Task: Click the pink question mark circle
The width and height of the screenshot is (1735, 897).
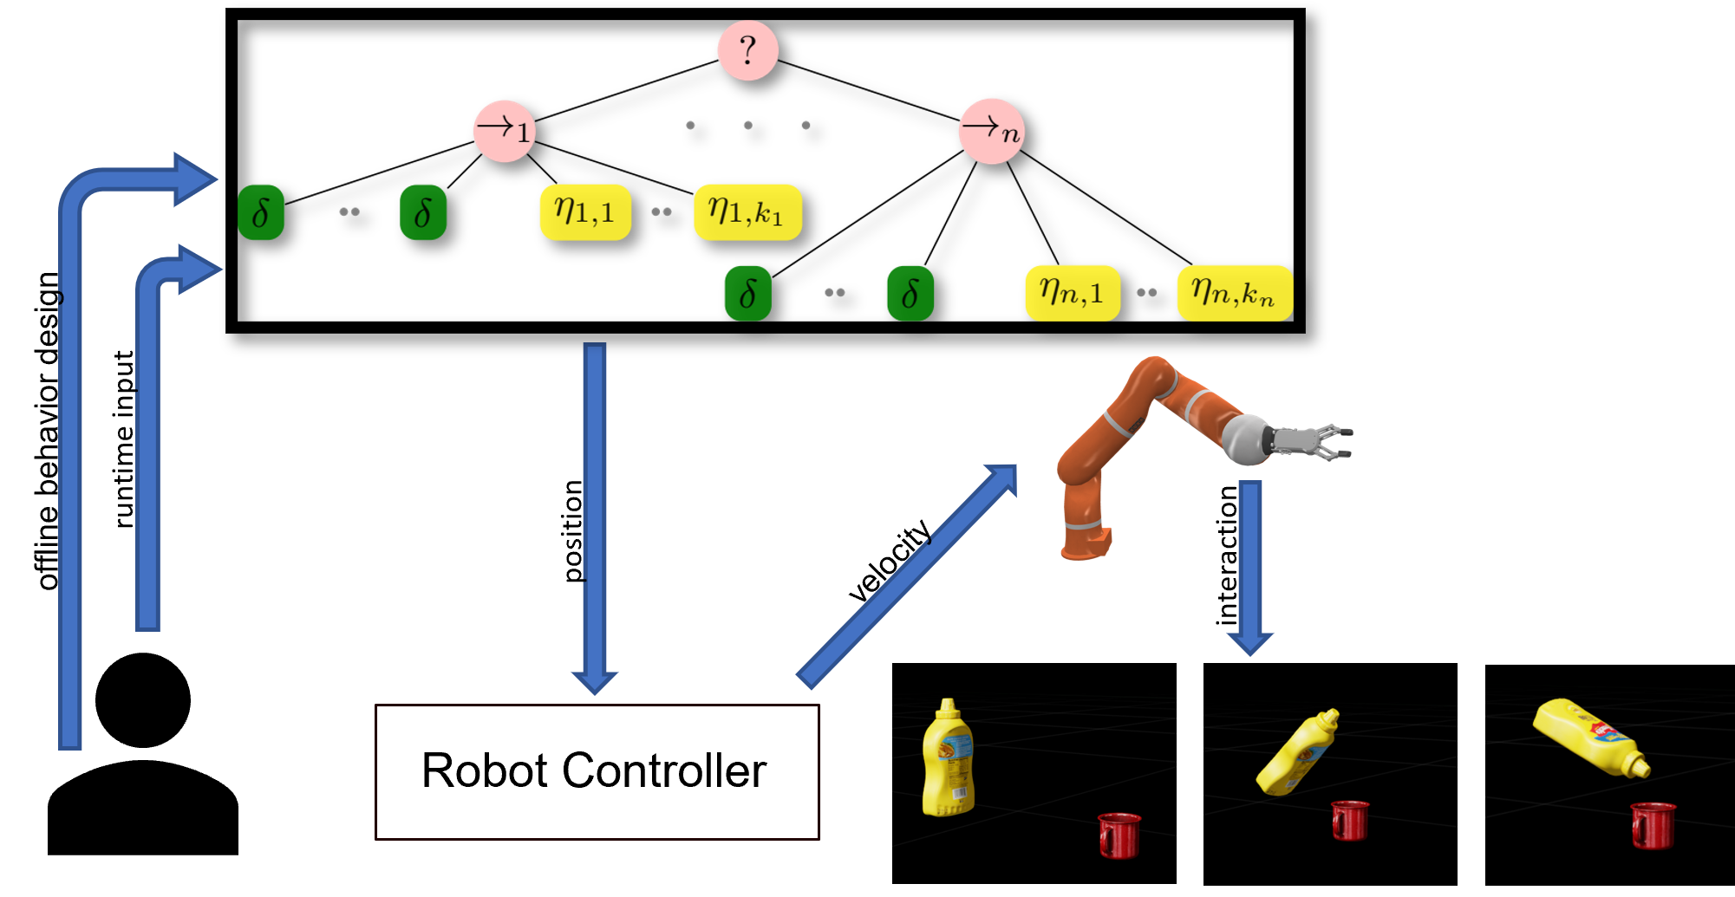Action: click(x=747, y=50)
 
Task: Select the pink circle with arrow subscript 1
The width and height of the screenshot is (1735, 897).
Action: click(x=504, y=131)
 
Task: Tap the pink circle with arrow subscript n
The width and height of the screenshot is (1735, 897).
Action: click(x=991, y=131)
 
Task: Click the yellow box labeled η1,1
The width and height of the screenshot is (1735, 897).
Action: click(x=585, y=211)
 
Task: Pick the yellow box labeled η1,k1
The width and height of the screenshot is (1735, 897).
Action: click(x=747, y=211)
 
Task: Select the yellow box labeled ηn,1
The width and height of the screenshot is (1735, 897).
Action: click(x=1073, y=293)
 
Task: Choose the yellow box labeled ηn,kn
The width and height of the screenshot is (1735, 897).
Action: click(x=1234, y=293)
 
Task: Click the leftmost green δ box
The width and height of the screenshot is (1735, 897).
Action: click(x=261, y=211)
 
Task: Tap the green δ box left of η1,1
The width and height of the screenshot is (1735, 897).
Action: click(x=423, y=211)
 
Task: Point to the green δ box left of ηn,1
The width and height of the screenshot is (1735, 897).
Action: click(x=910, y=293)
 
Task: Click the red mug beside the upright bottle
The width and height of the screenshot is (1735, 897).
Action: click(x=1119, y=834)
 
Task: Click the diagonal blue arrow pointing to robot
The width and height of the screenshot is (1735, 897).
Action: click(x=906, y=576)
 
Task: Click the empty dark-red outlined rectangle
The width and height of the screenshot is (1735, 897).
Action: click(x=597, y=771)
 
